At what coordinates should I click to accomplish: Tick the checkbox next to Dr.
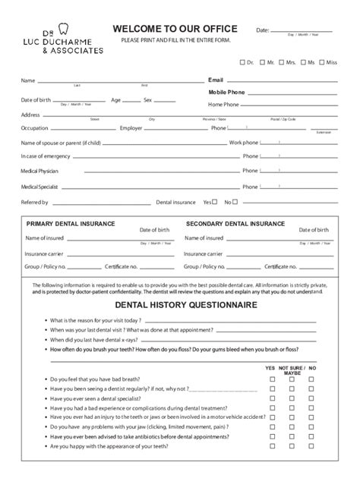(243, 62)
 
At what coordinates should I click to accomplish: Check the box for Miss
(322, 62)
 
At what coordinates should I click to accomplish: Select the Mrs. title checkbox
(281, 62)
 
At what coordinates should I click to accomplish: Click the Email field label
(216, 79)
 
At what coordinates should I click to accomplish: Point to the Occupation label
(34, 128)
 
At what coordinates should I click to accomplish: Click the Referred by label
(34, 203)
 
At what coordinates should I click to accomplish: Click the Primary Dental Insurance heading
(71, 224)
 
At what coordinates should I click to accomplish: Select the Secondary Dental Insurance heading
(235, 224)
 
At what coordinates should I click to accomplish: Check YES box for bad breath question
(273, 379)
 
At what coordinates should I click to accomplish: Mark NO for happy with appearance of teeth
(312, 448)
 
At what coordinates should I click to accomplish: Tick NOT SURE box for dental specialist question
(292, 398)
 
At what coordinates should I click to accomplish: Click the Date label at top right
(263, 30)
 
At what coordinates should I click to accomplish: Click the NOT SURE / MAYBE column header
(292, 370)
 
